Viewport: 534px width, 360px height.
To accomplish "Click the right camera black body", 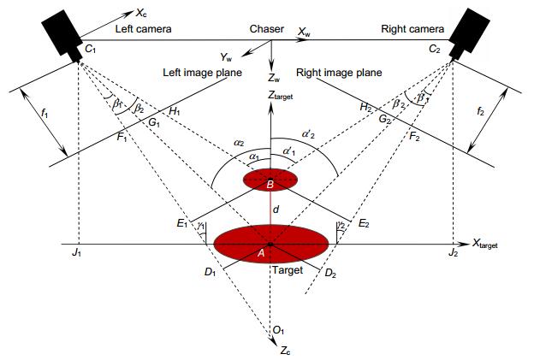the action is (469, 33).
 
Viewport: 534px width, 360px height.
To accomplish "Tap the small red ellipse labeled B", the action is (270, 180).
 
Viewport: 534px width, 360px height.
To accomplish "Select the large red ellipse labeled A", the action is (271, 245).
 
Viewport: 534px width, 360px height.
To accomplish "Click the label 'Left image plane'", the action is (202, 73).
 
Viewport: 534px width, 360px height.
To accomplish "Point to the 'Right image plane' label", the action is (339, 73).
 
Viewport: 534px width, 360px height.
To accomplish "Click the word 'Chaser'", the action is (267, 29).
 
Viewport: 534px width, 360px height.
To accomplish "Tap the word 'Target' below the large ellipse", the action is (288, 270).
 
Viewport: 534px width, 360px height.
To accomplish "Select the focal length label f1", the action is (44, 113).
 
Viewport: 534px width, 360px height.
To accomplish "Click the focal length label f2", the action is (480, 111).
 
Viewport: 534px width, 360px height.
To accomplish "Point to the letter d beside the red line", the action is (276, 210).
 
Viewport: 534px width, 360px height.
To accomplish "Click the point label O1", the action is (279, 330).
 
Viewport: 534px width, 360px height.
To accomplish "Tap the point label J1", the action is (76, 252).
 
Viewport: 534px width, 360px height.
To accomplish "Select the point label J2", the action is (453, 252).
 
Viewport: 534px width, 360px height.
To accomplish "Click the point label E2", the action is (364, 223).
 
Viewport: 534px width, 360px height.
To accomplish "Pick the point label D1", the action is (211, 272).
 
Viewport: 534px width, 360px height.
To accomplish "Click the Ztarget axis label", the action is (280, 96).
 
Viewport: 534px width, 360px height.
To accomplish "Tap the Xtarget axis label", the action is (485, 244).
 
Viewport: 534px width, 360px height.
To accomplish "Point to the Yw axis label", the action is (226, 57).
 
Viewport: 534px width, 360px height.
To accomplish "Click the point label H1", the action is (175, 110).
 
